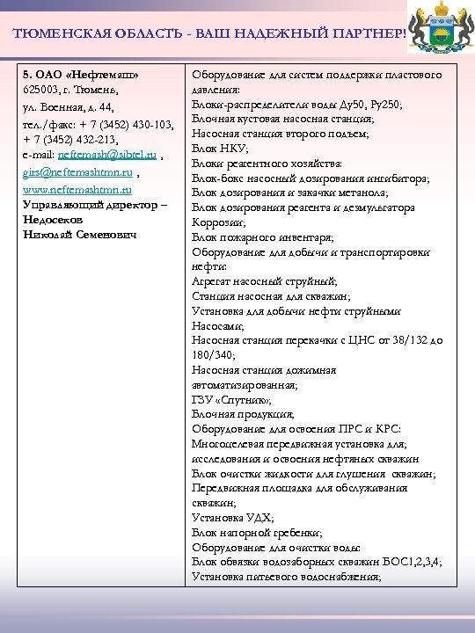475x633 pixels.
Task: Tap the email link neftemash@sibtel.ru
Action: pyautogui.click(x=106, y=156)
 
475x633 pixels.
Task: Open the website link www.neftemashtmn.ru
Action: pyautogui.click(x=77, y=188)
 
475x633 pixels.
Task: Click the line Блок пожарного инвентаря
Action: pyautogui.click(x=250, y=237)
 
